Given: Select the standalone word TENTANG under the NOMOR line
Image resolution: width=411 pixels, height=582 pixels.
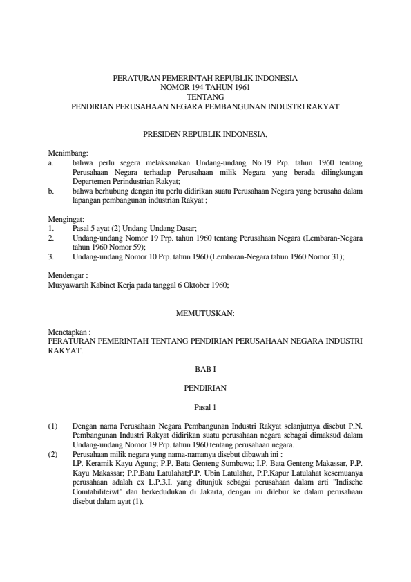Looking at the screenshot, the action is pyautogui.click(x=205, y=97).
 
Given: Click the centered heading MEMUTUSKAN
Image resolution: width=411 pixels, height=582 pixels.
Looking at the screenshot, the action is pyautogui.click(x=205, y=313).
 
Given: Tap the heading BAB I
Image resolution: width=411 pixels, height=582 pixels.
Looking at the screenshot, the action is pyautogui.click(x=205, y=370).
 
